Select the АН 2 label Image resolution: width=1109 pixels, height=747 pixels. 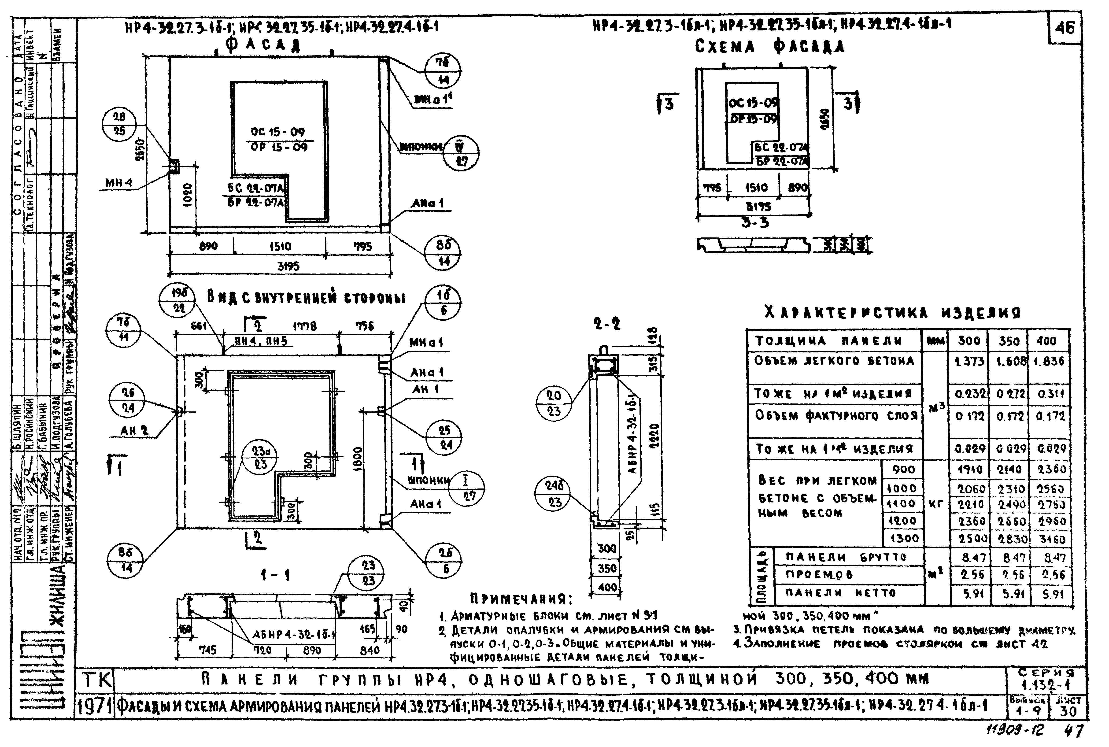click(x=135, y=431)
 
